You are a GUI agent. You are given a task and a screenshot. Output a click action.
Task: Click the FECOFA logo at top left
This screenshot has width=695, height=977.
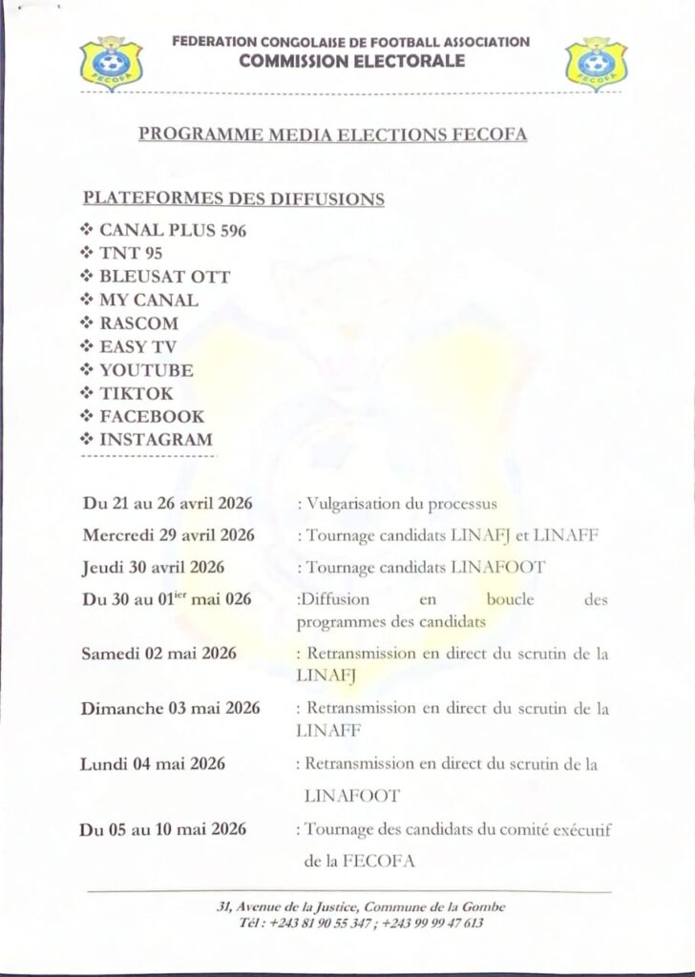[111, 64]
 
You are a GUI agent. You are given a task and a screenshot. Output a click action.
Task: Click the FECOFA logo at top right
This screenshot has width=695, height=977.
[596, 64]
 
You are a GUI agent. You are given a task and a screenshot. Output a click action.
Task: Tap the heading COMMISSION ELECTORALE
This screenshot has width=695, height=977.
[352, 61]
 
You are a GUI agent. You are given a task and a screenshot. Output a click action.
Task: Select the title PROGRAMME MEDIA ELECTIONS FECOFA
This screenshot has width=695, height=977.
[333, 135]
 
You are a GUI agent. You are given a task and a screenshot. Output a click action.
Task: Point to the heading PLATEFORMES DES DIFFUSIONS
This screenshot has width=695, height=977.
[235, 199]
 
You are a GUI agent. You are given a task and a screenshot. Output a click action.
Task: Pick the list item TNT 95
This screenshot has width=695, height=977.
[130, 254]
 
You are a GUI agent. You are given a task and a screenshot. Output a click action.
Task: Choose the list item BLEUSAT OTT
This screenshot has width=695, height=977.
[164, 278]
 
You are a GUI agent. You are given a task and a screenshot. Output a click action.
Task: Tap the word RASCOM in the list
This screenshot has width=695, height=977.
[138, 323]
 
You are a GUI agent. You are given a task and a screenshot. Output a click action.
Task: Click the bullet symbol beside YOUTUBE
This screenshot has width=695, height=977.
[88, 370]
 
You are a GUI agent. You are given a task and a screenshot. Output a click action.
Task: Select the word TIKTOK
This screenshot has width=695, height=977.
[137, 393]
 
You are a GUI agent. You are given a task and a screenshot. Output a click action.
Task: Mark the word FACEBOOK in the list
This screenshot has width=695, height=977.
[151, 416]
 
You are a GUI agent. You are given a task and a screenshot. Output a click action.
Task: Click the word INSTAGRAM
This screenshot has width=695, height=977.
[156, 440]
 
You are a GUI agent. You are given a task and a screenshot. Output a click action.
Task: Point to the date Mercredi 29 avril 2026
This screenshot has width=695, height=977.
[169, 534]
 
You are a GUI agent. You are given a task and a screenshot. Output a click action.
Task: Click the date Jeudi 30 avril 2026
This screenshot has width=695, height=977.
[154, 567]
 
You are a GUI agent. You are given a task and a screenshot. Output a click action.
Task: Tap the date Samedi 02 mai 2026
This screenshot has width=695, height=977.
[159, 654]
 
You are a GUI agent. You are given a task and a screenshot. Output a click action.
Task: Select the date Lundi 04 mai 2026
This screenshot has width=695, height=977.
[154, 763]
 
